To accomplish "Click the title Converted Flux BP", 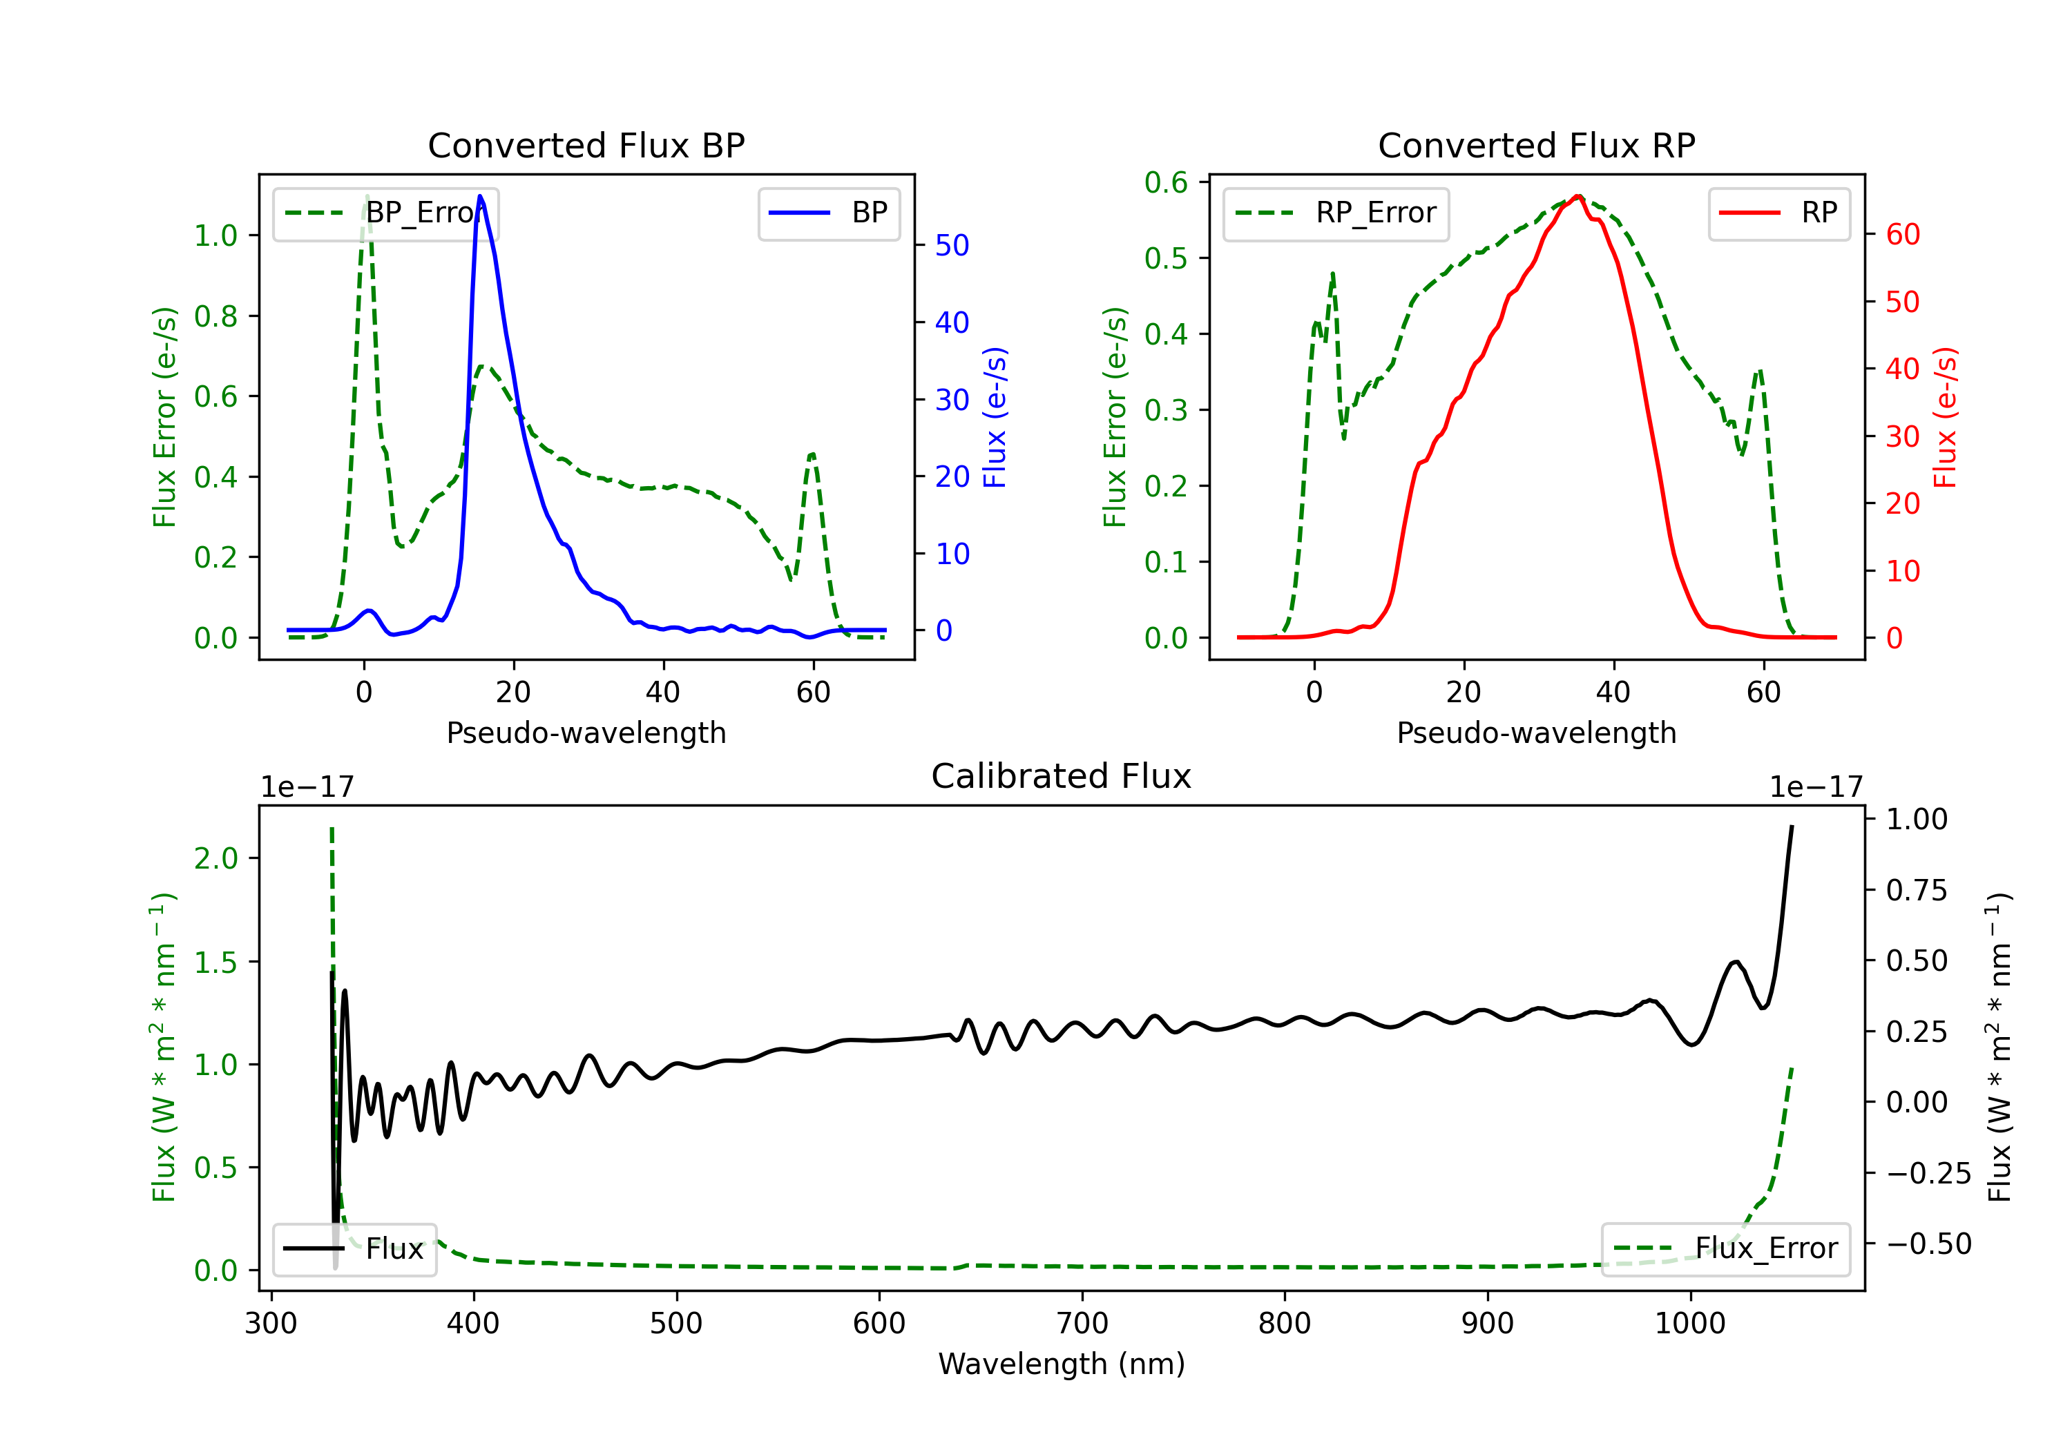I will (x=586, y=145).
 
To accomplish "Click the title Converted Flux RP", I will (x=1536, y=145).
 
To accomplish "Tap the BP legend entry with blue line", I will (x=829, y=213).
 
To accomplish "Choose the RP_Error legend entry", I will (x=1336, y=213).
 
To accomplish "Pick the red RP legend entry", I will (x=1778, y=213).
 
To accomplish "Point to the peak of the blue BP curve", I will (x=480, y=196).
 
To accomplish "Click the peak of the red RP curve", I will (x=1577, y=196).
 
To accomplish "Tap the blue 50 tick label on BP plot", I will (x=952, y=245).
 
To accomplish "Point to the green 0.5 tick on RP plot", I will (x=1166, y=258).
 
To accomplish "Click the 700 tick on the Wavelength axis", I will (x=1082, y=1324).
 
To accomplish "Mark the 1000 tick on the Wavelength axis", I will (x=1689, y=1324).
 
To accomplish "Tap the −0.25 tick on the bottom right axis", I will (x=1928, y=1173).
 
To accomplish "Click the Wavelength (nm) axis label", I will (x=1062, y=1364).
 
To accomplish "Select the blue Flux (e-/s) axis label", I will (x=995, y=418).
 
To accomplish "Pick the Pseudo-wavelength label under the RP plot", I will (x=1536, y=733).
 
